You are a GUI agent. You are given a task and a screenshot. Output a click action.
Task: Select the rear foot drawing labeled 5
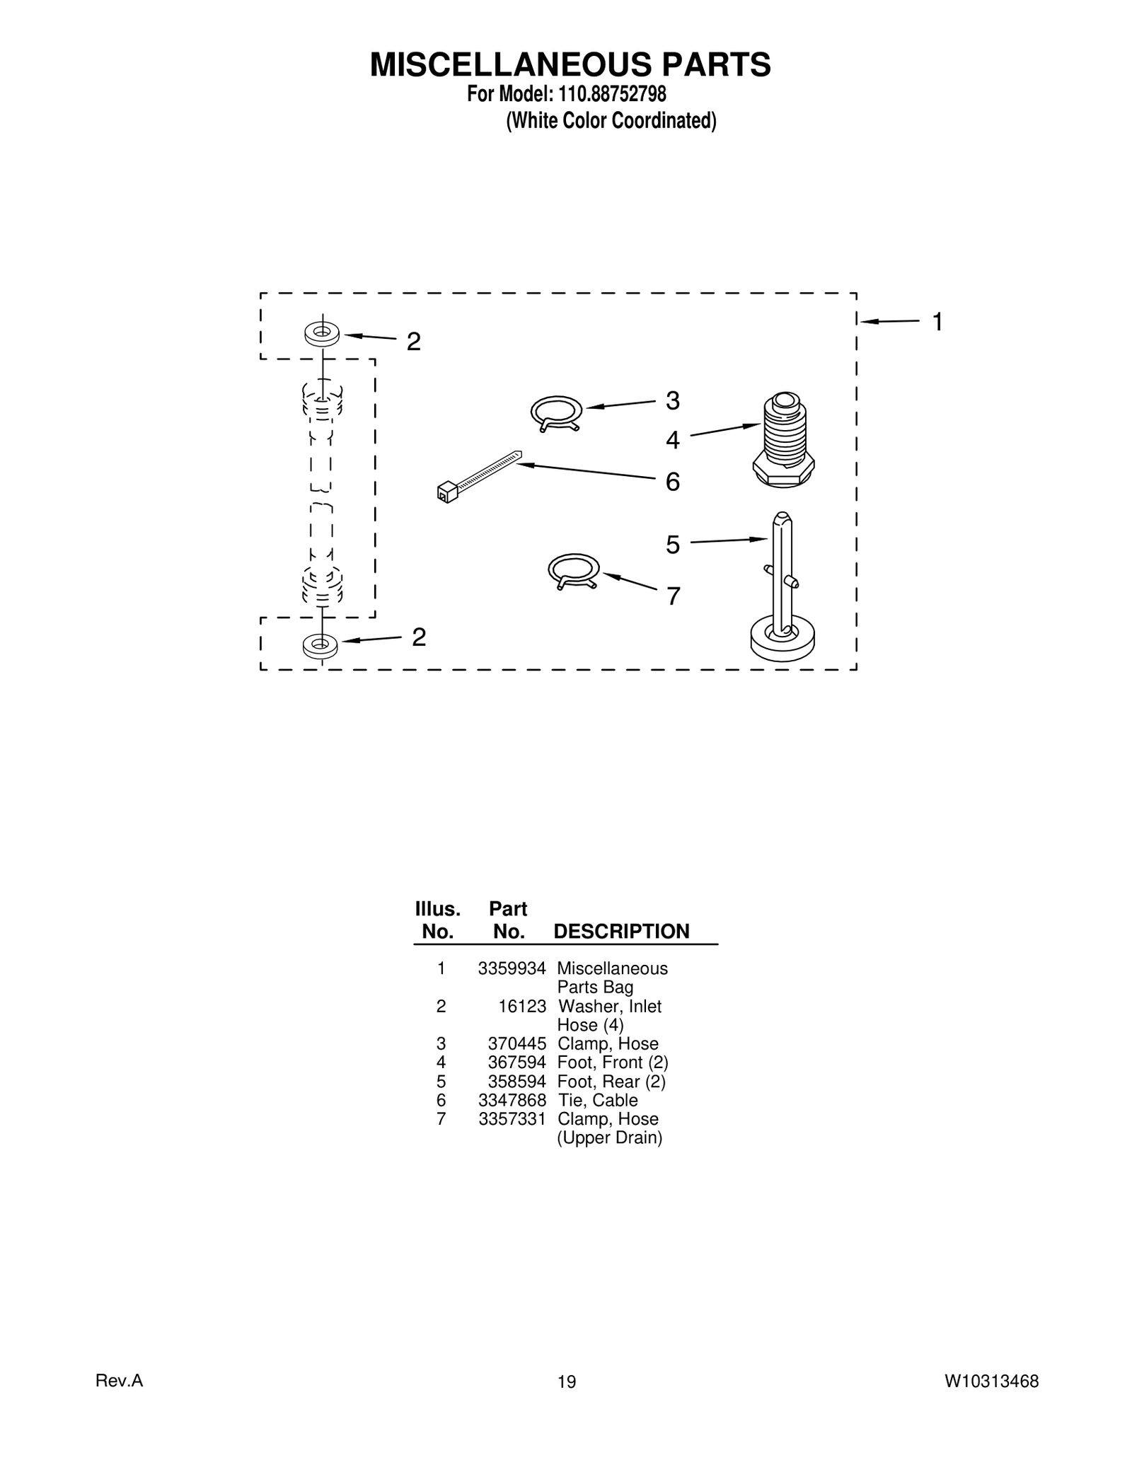782,594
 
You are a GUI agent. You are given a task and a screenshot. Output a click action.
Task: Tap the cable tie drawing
478,475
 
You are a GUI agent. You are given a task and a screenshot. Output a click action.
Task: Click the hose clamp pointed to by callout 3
556,414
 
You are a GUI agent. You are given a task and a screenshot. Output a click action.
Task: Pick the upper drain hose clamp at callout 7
574,571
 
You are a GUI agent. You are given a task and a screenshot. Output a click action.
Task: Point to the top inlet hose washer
322,333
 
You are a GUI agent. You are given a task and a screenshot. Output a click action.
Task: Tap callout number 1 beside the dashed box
937,323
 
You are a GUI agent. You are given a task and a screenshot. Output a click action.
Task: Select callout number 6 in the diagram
672,482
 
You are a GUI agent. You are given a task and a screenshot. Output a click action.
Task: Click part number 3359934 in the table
512,968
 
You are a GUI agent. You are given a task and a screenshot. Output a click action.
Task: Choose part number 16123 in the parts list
522,1006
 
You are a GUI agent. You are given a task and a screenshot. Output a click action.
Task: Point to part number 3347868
512,1100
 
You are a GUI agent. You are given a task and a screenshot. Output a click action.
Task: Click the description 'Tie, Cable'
597,1100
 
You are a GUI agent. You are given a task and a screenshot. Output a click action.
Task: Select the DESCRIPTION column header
621,931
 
